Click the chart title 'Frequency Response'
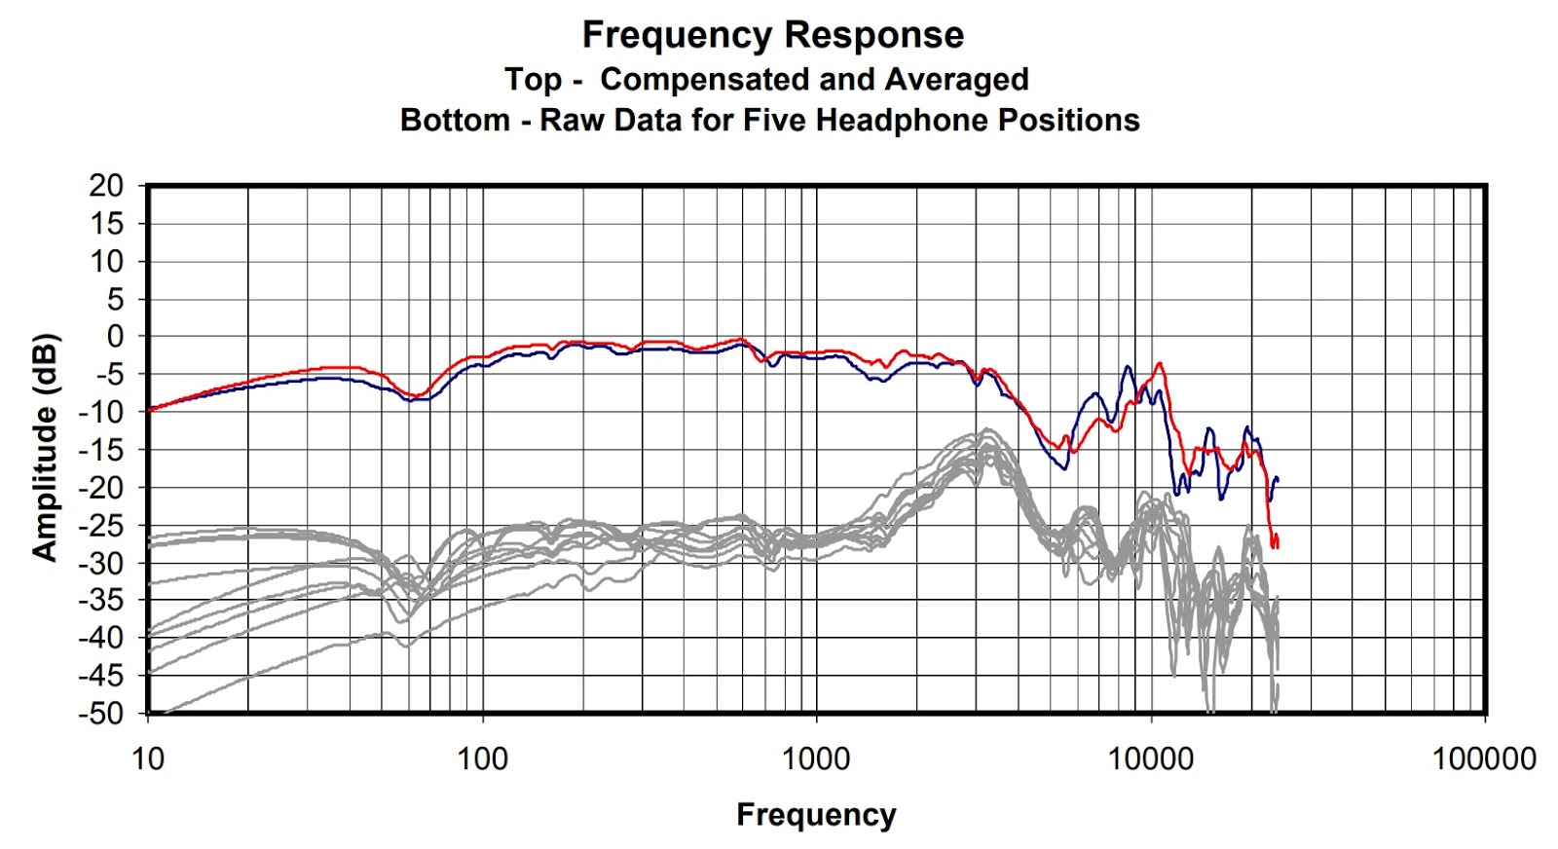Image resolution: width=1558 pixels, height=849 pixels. [x=772, y=35]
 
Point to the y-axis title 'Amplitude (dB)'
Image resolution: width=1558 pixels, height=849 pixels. [x=45, y=448]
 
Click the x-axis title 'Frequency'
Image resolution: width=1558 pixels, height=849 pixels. [x=816, y=814]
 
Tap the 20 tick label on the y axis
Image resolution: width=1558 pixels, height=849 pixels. [x=107, y=186]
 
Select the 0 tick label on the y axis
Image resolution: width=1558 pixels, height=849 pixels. [x=116, y=337]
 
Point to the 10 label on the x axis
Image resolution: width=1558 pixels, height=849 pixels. [x=148, y=758]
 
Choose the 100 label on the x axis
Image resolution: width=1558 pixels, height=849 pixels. [x=482, y=758]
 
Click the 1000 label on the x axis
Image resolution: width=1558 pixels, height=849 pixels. [x=816, y=758]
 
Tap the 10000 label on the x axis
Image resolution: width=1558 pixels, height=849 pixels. [x=1150, y=758]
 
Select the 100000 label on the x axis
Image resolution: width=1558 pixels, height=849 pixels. [x=1484, y=758]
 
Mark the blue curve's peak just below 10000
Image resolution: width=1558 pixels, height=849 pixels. [x=1128, y=367]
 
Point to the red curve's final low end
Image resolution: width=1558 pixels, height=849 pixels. [x=1275, y=545]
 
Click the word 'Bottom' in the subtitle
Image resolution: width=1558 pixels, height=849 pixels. [x=455, y=120]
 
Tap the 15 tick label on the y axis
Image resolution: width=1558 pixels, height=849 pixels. [x=107, y=224]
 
